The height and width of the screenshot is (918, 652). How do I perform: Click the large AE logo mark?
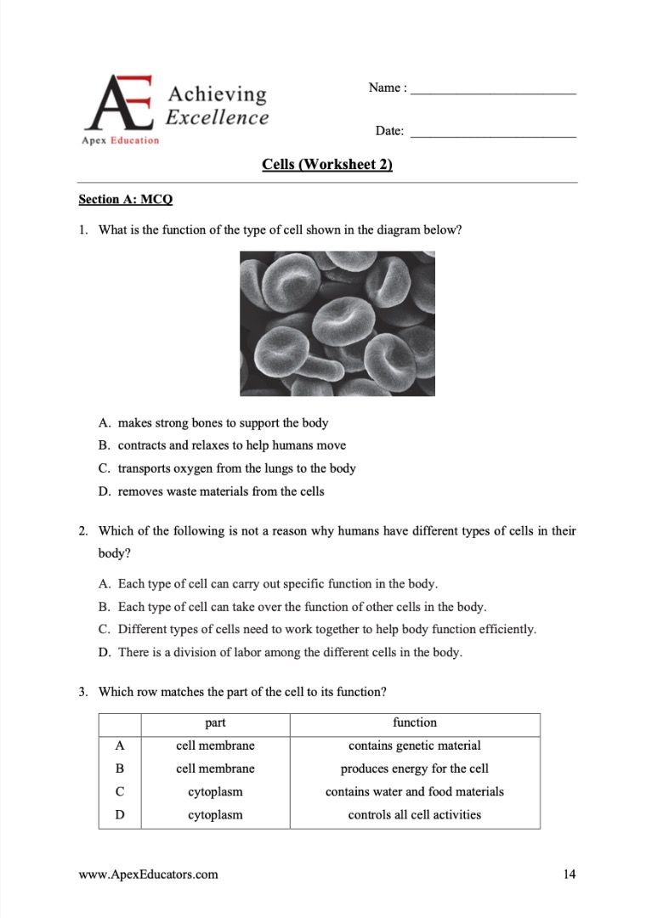pos(122,104)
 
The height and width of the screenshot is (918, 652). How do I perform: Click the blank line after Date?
pos(492,133)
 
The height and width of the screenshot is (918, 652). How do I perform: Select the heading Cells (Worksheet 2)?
pos(327,165)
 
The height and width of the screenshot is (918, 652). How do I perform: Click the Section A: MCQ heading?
pos(125,199)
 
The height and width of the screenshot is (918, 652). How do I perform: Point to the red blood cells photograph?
pos(337,323)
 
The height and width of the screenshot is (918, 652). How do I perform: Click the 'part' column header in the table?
pos(215,722)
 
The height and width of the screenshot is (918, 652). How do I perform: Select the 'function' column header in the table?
pos(414,722)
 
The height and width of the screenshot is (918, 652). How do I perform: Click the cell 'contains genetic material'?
pos(414,745)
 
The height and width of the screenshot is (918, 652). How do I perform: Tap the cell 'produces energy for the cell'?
pos(414,768)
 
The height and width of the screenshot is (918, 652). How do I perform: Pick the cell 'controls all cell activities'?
pos(414,814)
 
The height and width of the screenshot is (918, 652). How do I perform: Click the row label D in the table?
pos(120,814)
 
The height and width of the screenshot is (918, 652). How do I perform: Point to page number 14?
pos(570,874)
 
